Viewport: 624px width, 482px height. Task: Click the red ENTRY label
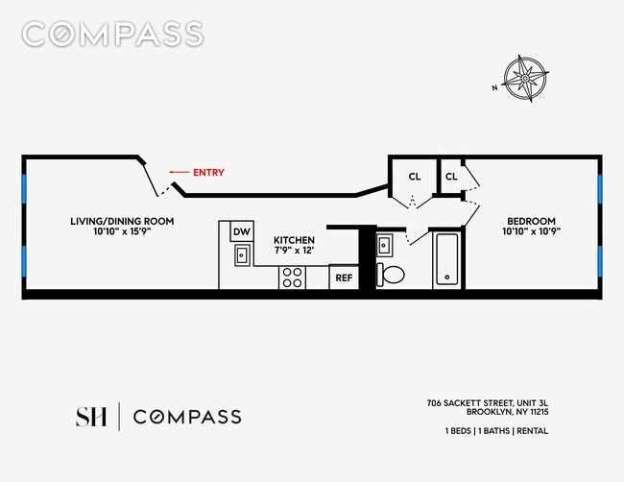[x=208, y=173]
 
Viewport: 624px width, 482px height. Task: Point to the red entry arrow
[x=180, y=173]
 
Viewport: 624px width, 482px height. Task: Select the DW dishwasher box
[x=242, y=231]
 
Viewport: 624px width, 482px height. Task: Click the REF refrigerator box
[x=344, y=278]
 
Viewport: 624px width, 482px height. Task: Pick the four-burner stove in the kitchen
[x=293, y=277]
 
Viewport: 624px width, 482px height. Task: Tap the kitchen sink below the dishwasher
[x=243, y=254]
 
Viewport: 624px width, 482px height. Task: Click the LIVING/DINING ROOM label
[x=122, y=221]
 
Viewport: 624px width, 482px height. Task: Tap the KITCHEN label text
[x=294, y=240]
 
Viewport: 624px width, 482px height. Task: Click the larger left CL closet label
[x=415, y=177]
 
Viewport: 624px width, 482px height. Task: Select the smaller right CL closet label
[x=451, y=177]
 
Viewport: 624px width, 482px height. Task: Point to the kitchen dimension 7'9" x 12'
[x=294, y=251]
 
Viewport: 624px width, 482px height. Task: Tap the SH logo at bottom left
[x=91, y=417]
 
